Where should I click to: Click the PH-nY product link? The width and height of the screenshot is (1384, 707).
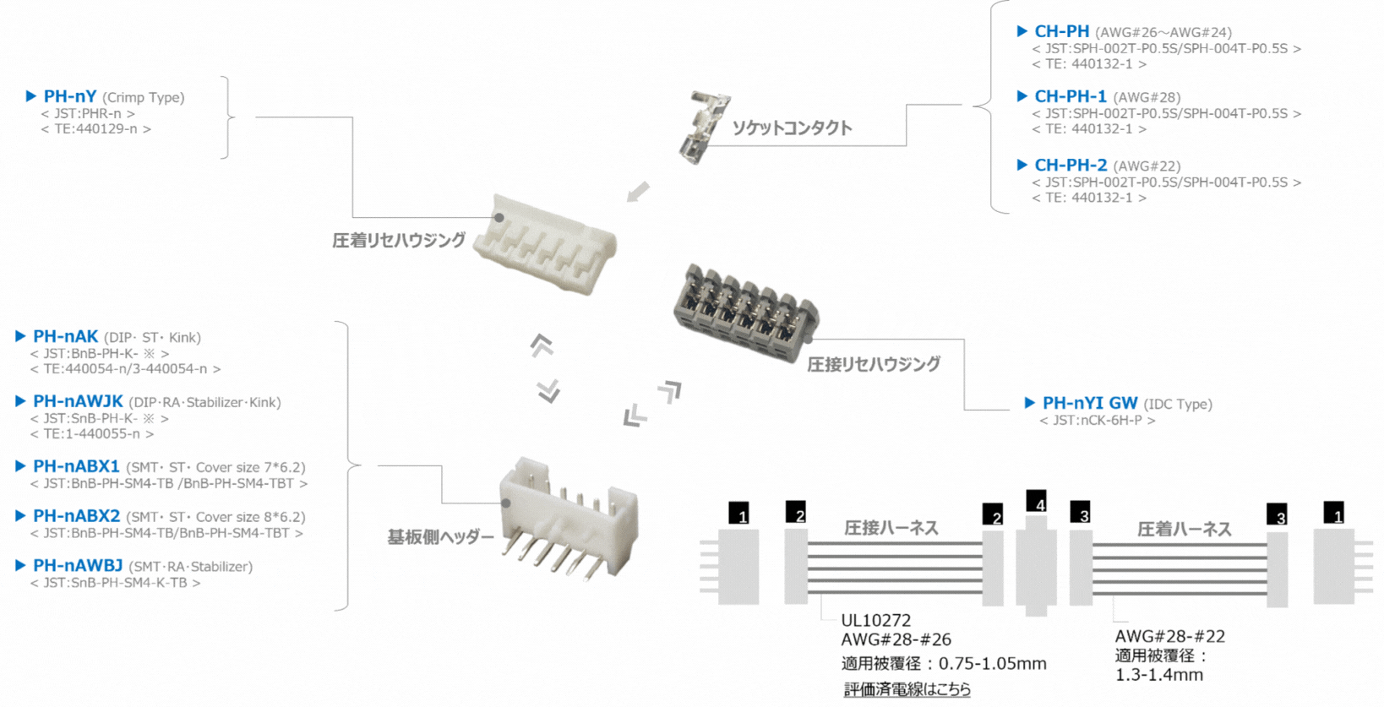point(70,97)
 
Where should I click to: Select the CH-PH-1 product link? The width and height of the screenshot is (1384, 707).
point(1070,97)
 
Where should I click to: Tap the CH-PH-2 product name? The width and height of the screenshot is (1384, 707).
point(1070,166)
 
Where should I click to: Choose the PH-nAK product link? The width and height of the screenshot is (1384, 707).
point(65,337)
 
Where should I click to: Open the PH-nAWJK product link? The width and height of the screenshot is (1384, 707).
point(78,402)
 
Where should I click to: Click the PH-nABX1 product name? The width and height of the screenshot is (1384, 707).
point(76,467)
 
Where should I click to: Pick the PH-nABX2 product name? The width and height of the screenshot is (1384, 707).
point(76,516)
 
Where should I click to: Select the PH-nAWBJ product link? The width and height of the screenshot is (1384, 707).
point(78,566)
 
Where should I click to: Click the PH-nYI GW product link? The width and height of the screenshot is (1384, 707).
point(1089,404)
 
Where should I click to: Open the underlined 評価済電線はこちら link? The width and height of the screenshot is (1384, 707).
point(907,689)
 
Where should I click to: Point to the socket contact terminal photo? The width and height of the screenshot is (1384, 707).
point(703,127)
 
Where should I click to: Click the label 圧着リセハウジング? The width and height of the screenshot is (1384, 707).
point(399,241)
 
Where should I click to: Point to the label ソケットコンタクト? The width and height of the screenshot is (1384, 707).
point(792,128)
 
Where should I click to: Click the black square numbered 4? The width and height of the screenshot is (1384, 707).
point(1037,502)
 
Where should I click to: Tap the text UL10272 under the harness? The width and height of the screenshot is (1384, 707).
point(875,621)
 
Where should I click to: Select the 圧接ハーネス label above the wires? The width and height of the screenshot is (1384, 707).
point(891,528)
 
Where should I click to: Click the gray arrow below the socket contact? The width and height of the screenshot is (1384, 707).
point(638,193)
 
